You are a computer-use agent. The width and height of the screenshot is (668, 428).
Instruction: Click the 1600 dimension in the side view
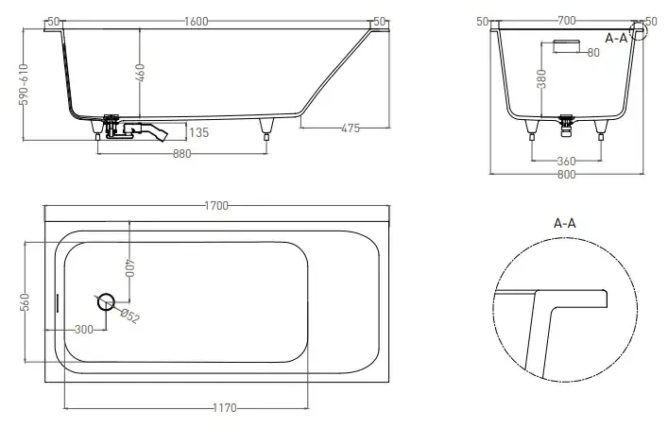click(197, 22)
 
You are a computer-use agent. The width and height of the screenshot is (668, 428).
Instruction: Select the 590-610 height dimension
click(25, 84)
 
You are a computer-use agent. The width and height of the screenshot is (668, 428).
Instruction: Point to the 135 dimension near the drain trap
click(199, 132)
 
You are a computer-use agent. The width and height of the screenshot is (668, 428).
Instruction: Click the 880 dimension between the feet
click(182, 153)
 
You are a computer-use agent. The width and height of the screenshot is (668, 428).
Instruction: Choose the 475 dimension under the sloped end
click(351, 128)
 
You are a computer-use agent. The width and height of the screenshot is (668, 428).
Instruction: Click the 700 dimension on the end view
click(566, 21)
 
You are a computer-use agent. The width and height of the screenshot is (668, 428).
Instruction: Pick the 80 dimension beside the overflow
click(593, 52)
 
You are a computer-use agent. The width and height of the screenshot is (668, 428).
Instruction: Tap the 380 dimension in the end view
click(541, 78)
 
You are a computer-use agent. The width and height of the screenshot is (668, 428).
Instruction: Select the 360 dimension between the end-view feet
click(566, 161)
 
